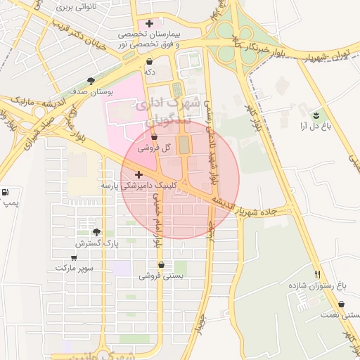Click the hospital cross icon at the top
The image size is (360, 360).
pyautogui.click(x=149, y=24)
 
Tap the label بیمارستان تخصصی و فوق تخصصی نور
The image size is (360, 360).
pyautogui.click(x=149, y=39)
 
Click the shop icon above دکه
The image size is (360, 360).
pyautogui.click(x=149, y=61)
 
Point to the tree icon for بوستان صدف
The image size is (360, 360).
pyautogui.click(x=91, y=81)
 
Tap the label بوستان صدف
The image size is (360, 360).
pyautogui.click(x=88, y=92)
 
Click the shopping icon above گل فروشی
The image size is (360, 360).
pyautogui.click(x=155, y=137)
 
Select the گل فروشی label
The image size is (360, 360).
pyautogui.click(x=155, y=148)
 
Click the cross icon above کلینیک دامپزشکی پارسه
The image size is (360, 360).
pyautogui.click(x=139, y=174)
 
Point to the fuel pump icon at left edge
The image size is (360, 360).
pyautogui.click(x=6, y=192)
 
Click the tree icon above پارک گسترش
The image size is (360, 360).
pyautogui.click(x=96, y=232)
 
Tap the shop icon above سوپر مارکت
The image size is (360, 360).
pyautogui.click(x=74, y=257)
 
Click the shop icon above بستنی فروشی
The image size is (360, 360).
pyautogui.click(x=161, y=265)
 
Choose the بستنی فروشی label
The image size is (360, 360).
pyautogui.click(x=161, y=276)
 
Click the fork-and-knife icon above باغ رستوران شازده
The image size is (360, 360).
pyautogui.click(x=318, y=274)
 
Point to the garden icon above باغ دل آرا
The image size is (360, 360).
pyautogui.click(x=316, y=115)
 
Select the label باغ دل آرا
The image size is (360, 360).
pyautogui.click(x=315, y=127)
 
